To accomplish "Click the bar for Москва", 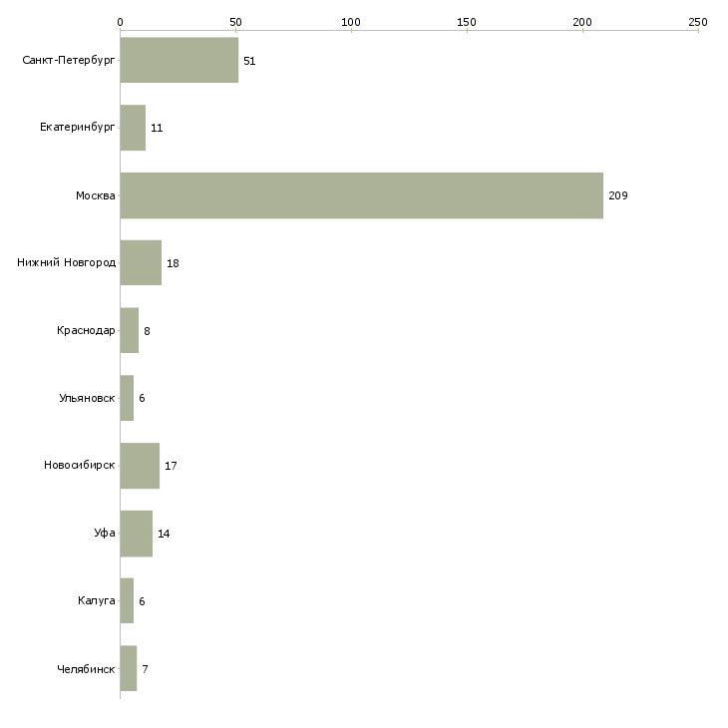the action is (362, 195).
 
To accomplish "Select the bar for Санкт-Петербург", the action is (180, 60).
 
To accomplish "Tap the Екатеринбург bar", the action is (133, 128).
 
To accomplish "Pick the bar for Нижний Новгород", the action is (142, 263).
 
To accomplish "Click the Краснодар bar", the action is (130, 330).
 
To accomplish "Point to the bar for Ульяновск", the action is (128, 398).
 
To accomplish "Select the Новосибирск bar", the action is (140, 466).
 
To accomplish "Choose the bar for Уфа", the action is (137, 534).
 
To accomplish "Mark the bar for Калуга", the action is (128, 600).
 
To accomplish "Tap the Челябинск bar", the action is (129, 668).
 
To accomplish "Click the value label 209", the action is (618, 195).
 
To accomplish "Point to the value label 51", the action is (249, 61).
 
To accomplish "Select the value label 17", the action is (171, 466).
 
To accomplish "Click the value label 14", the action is (164, 534).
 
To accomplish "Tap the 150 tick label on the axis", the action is (467, 22).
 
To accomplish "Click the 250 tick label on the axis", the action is (698, 22).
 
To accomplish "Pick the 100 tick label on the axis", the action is (351, 22).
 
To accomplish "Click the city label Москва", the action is (95, 195).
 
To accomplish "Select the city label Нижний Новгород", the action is (67, 263).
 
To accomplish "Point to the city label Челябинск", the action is (86, 669).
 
